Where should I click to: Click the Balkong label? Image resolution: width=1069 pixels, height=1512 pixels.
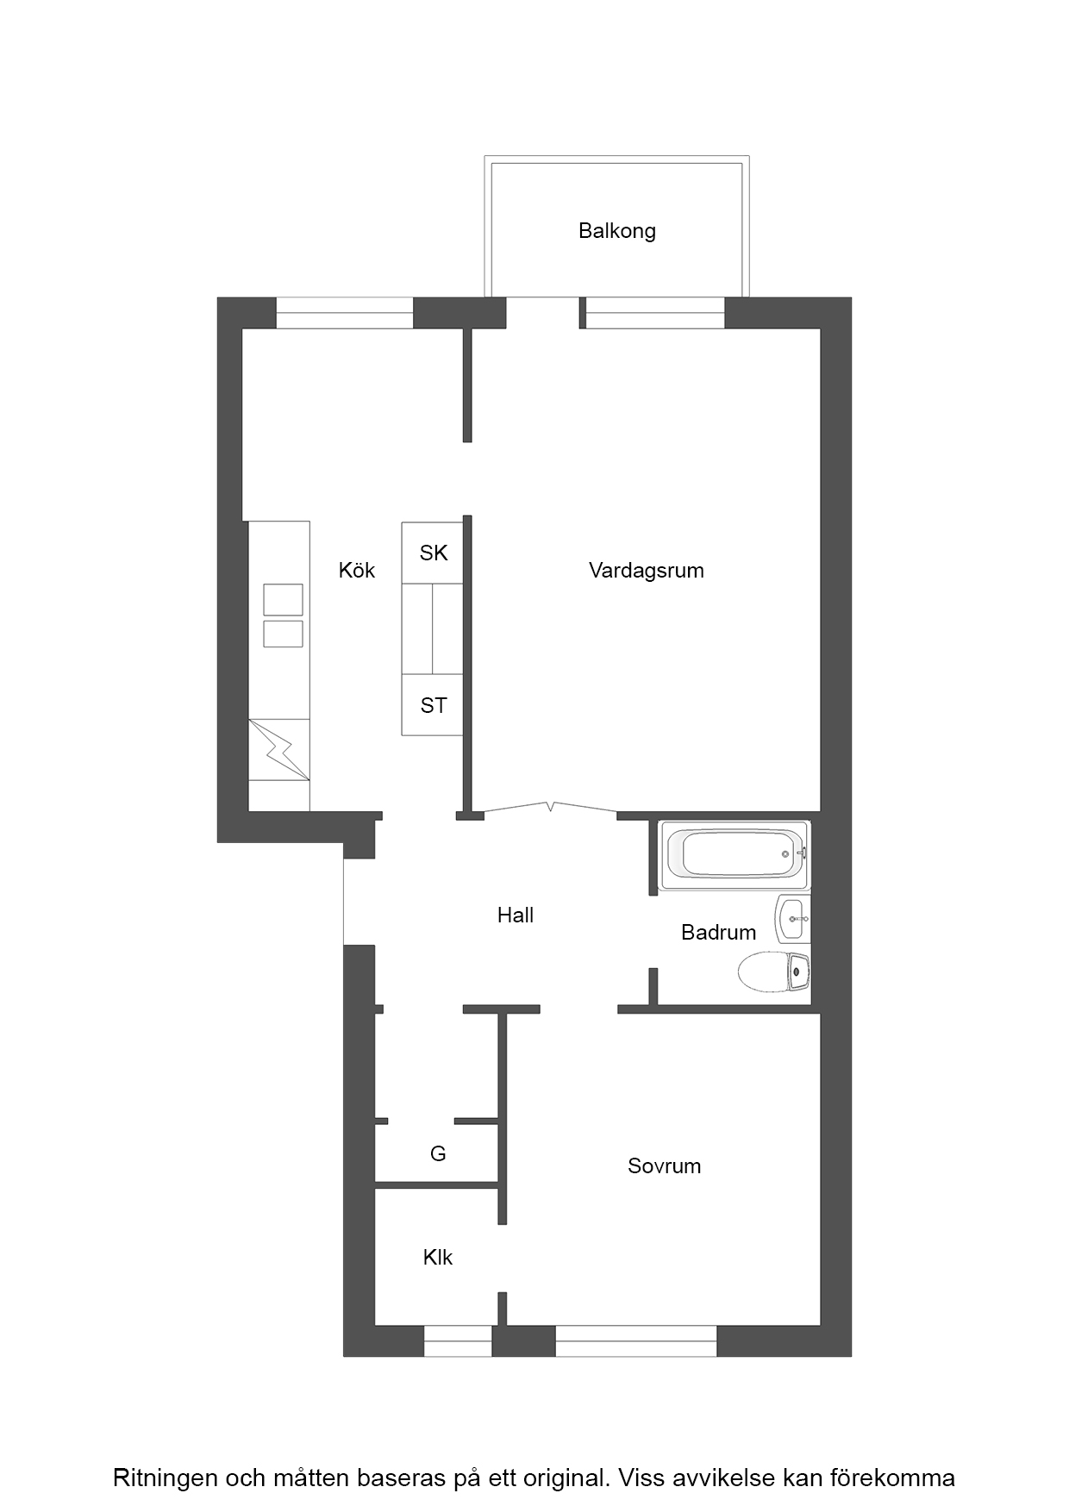pyautogui.click(x=617, y=231)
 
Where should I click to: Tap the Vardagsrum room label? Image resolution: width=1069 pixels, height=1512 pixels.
pyautogui.click(x=647, y=571)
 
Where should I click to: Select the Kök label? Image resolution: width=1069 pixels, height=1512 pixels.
pyautogui.click(x=357, y=570)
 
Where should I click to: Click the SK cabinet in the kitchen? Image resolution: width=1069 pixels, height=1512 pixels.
pyautogui.click(x=433, y=553)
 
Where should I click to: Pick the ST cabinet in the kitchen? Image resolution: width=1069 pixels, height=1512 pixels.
pyautogui.click(x=433, y=705)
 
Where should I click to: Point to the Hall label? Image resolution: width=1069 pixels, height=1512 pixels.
pyautogui.click(x=516, y=915)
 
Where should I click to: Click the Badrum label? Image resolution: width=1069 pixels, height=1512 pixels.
pyautogui.click(x=719, y=932)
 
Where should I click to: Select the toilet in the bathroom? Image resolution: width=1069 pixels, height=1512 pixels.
pyautogui.click(x=774, y=971)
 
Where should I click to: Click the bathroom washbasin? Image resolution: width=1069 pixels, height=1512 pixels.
pyautogui.click(x=792, y=919)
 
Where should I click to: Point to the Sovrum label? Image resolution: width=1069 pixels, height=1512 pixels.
pyautogui.click(x=665, y=1166)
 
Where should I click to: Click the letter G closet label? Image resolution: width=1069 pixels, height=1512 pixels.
pyautogui.click(x=438, y=1153)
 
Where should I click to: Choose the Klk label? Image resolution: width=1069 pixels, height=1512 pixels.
pyautogui.click(x=438, y=1258)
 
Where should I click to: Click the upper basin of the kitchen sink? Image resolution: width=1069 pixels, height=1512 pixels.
pyautogui.click(x=283, y=600)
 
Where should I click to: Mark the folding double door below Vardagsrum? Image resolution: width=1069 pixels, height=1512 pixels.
pyautogui.click(x=550, y=808)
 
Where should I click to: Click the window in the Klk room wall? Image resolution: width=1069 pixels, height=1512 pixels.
pyautogui.click(x=458, y=1340)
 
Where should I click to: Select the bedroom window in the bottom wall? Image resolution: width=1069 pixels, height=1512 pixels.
pyautogui.click(x=636, y=1340)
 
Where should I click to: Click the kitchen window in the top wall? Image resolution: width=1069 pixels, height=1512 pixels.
pyautogui.click(x=345, y=313)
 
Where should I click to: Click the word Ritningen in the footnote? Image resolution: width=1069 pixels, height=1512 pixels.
pyautogui.click(x=165, y=1478)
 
